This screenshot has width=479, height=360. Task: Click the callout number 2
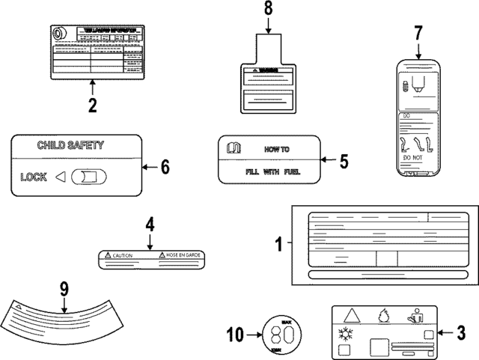coord(92,106)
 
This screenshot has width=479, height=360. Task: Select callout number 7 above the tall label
coord(418,33)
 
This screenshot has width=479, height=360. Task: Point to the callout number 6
coord(165,167)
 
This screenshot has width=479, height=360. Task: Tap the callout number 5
coord(344,159)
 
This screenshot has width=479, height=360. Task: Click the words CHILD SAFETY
coord(70,146)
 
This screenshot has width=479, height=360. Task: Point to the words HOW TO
coord(279,149)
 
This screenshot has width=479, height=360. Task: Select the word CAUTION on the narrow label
coord(122,255)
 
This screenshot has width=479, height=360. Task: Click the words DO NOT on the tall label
coord(413,159)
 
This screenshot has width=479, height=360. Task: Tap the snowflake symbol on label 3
coord(347,334)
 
